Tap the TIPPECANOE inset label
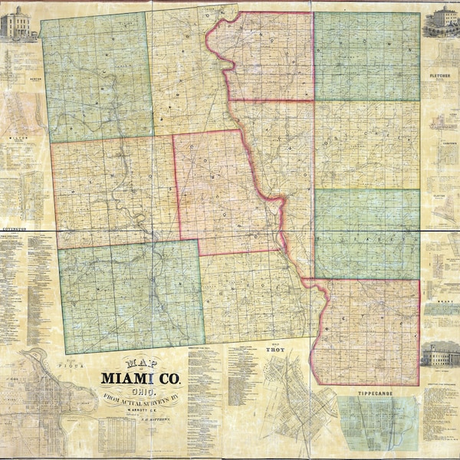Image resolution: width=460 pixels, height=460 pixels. [379, 393]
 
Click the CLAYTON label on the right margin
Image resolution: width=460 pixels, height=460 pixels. [439, 195]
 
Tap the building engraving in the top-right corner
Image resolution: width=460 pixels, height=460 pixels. [442, 21]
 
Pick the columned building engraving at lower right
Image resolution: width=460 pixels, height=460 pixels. [440, 355]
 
